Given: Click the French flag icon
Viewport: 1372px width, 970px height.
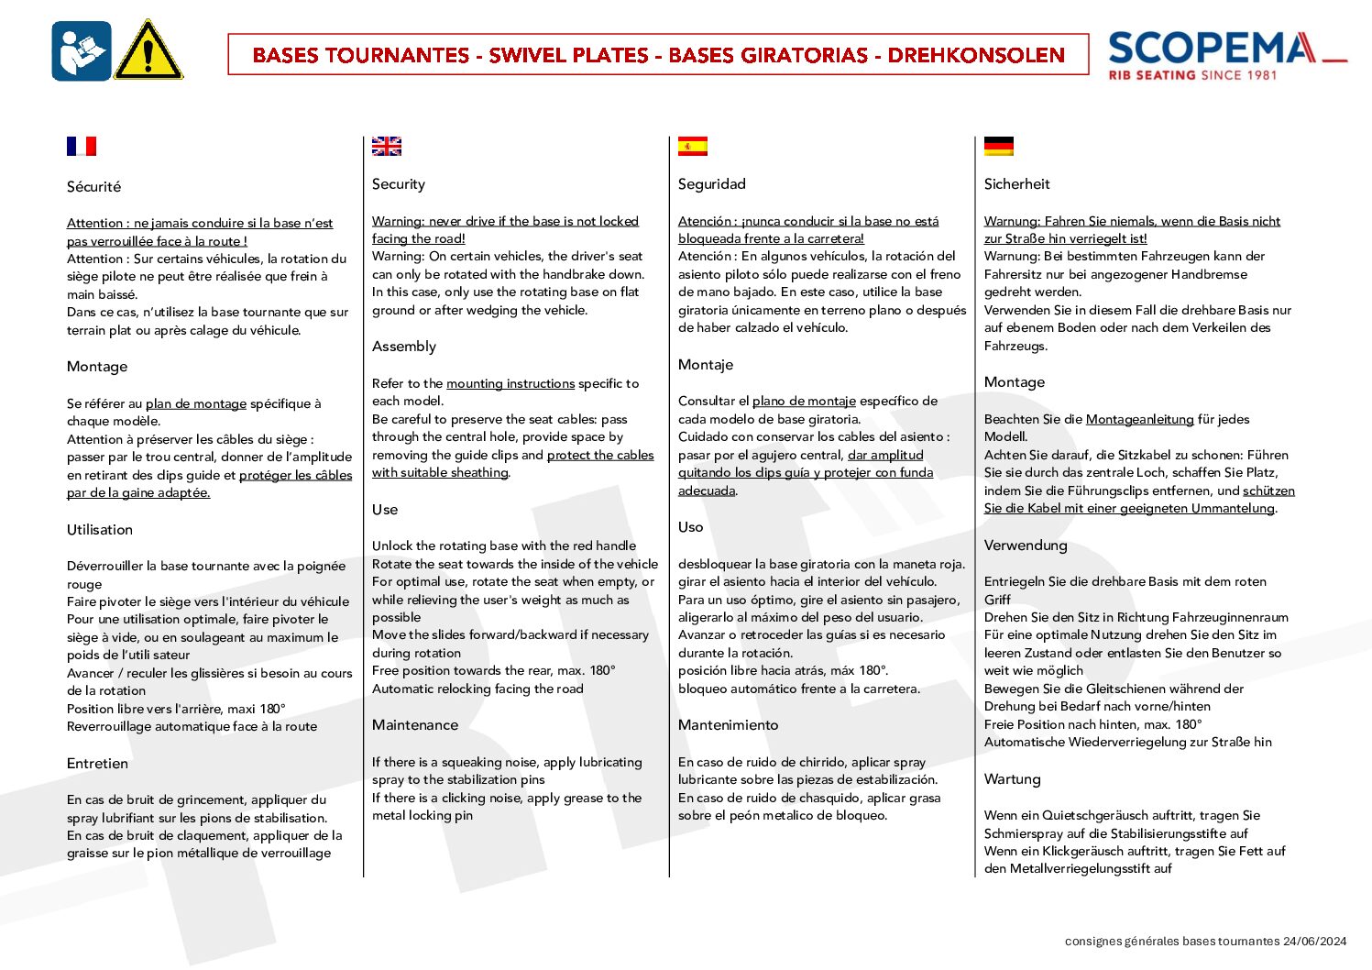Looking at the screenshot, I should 82,147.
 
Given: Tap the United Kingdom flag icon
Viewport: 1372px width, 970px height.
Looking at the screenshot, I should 387,147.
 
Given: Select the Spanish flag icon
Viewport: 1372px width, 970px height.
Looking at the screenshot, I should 693,147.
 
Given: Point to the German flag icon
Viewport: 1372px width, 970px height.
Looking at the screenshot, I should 999,147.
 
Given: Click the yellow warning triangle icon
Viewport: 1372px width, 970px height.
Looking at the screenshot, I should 148,52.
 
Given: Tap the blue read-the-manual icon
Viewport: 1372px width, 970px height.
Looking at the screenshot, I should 82,51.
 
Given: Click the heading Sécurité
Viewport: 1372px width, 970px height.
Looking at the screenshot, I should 93,187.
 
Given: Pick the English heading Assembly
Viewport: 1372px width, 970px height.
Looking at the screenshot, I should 404,347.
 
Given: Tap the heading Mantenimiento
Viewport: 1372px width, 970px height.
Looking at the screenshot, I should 728,725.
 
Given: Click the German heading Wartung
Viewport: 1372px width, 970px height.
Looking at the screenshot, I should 1012,779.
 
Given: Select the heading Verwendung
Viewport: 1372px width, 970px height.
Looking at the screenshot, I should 1026,546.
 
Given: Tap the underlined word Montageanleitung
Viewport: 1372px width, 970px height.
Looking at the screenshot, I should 1139,420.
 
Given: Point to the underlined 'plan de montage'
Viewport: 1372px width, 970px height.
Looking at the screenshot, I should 196,404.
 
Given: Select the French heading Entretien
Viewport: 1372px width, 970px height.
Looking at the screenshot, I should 97,764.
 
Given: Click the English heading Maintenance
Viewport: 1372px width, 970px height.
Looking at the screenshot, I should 415,725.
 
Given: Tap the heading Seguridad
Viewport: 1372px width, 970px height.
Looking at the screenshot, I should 712,184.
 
